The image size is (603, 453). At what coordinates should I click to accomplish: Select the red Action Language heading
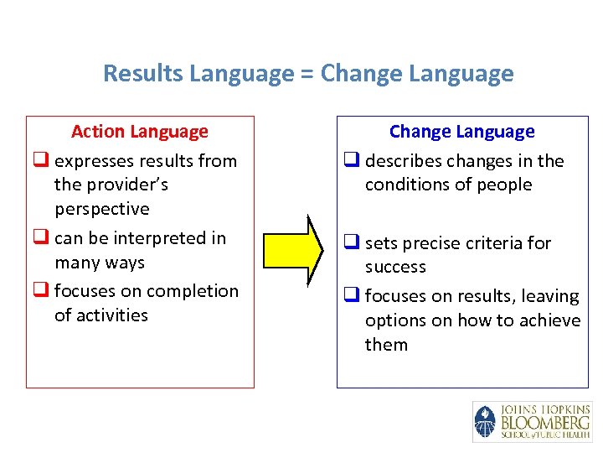click(140, 132)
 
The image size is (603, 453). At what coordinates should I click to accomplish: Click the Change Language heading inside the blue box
click(461, 132)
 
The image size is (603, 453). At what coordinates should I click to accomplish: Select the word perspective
click(102, 209)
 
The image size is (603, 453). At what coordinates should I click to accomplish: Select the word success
click(395, 267)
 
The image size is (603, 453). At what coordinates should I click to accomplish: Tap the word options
click(394, 320)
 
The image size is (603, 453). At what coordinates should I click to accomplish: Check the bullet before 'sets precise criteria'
click(351, 243)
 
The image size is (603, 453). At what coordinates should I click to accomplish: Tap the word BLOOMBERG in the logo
click(544, 422)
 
